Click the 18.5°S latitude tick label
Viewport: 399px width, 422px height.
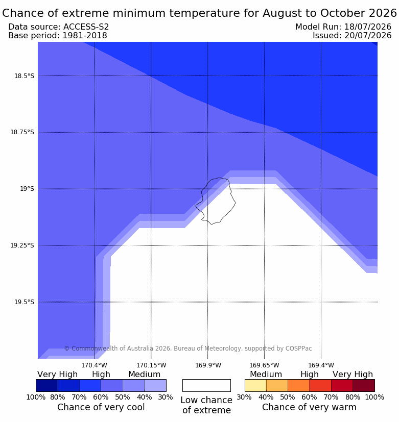click(24, 76)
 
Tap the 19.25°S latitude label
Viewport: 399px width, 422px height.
click(22, 245)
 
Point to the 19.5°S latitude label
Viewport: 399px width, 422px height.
click(24, 302)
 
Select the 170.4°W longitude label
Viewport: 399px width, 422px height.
click(95, 365)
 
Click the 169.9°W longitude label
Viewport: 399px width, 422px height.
click(208, 365)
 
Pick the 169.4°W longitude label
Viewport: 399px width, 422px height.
click(321, 365)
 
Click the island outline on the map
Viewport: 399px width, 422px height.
click(235, 202)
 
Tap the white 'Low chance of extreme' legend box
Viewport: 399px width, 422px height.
click(206, 385)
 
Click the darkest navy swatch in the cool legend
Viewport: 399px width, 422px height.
click(47, 385)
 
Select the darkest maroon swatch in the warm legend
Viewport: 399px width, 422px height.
click(364, 385)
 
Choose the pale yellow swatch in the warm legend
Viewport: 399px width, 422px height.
click(255, 385)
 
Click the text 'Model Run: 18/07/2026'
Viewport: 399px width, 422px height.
click(343, 27)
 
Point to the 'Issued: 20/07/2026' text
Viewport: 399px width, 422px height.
click(352, 35)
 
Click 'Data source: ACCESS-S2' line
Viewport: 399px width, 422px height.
click(58, 27)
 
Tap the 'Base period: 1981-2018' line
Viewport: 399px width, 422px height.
click(58, 35)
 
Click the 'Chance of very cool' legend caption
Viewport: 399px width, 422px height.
click(101, 407)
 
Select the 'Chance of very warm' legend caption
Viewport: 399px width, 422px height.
click(309, 407)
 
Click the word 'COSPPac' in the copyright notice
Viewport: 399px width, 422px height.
click(299, 348)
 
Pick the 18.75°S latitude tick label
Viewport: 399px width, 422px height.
click(22, 132)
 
